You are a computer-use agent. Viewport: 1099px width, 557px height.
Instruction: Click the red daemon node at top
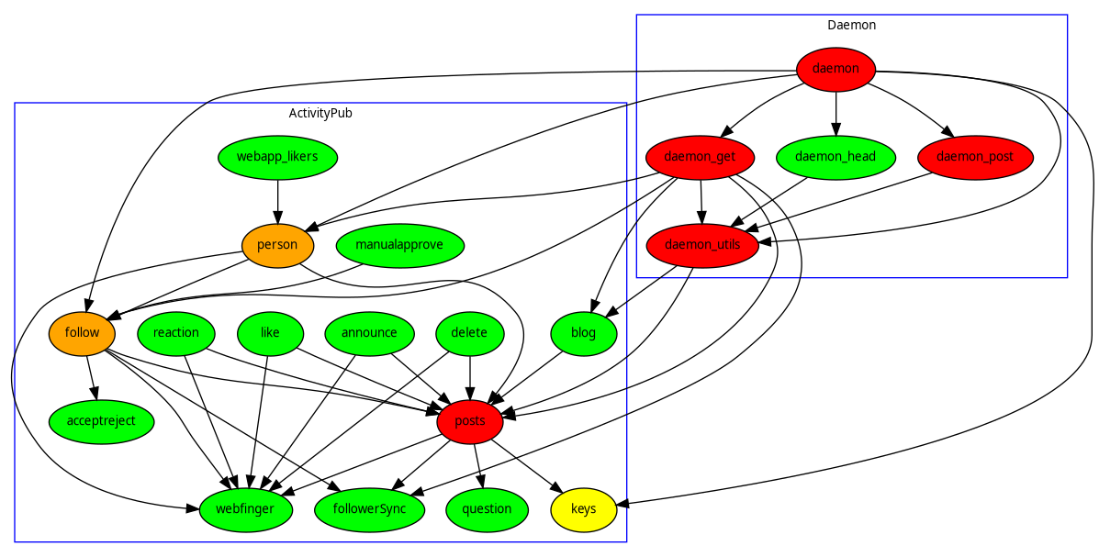[x=835, y=69]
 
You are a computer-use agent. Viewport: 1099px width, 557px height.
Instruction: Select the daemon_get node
[x=701, y=157]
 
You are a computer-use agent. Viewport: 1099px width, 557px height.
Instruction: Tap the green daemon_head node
[x=835, y=157]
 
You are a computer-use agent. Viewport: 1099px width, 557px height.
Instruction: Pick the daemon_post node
[x=975, y=157]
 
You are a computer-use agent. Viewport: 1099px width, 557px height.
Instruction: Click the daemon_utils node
[x=702, y=245]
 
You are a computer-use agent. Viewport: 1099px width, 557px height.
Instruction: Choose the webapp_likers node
[x=277, y=157]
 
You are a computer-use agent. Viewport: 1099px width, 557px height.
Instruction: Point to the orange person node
[x=277, y=245]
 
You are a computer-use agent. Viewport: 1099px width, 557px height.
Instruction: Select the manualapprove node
[x=399, y=245]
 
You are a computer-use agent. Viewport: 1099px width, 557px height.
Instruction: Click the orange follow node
[x=83, y=333]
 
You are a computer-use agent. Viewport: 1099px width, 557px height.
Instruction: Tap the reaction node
[x=176, y=333]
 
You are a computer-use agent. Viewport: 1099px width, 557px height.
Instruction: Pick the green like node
[x=270, y=333]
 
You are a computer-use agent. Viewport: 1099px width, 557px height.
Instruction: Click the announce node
[x=369, y=333]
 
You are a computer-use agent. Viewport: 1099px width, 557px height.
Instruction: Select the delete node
[x=470, y=333]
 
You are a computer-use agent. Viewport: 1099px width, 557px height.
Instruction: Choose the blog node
[x=584, y=333]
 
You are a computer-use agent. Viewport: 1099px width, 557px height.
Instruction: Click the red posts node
[x=470, y=421]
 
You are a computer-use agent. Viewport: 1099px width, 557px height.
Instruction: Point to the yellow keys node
[x=584, y=509]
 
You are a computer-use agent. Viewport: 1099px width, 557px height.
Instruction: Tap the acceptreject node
[x=101, y=421]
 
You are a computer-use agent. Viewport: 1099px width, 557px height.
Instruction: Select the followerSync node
[x=369, y=509]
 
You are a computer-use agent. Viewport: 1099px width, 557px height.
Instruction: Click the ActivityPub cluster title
[x=320, y=114]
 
